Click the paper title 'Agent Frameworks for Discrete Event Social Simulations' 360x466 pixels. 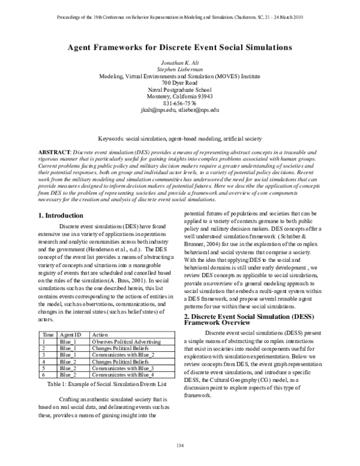coord(179,46)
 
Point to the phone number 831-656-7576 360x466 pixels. coord(179,103)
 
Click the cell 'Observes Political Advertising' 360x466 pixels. coord(125,341)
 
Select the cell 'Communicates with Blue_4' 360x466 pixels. coord(122,374)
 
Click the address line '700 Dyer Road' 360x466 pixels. coord(179,82)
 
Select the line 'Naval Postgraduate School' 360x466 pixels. coord(179,89)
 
